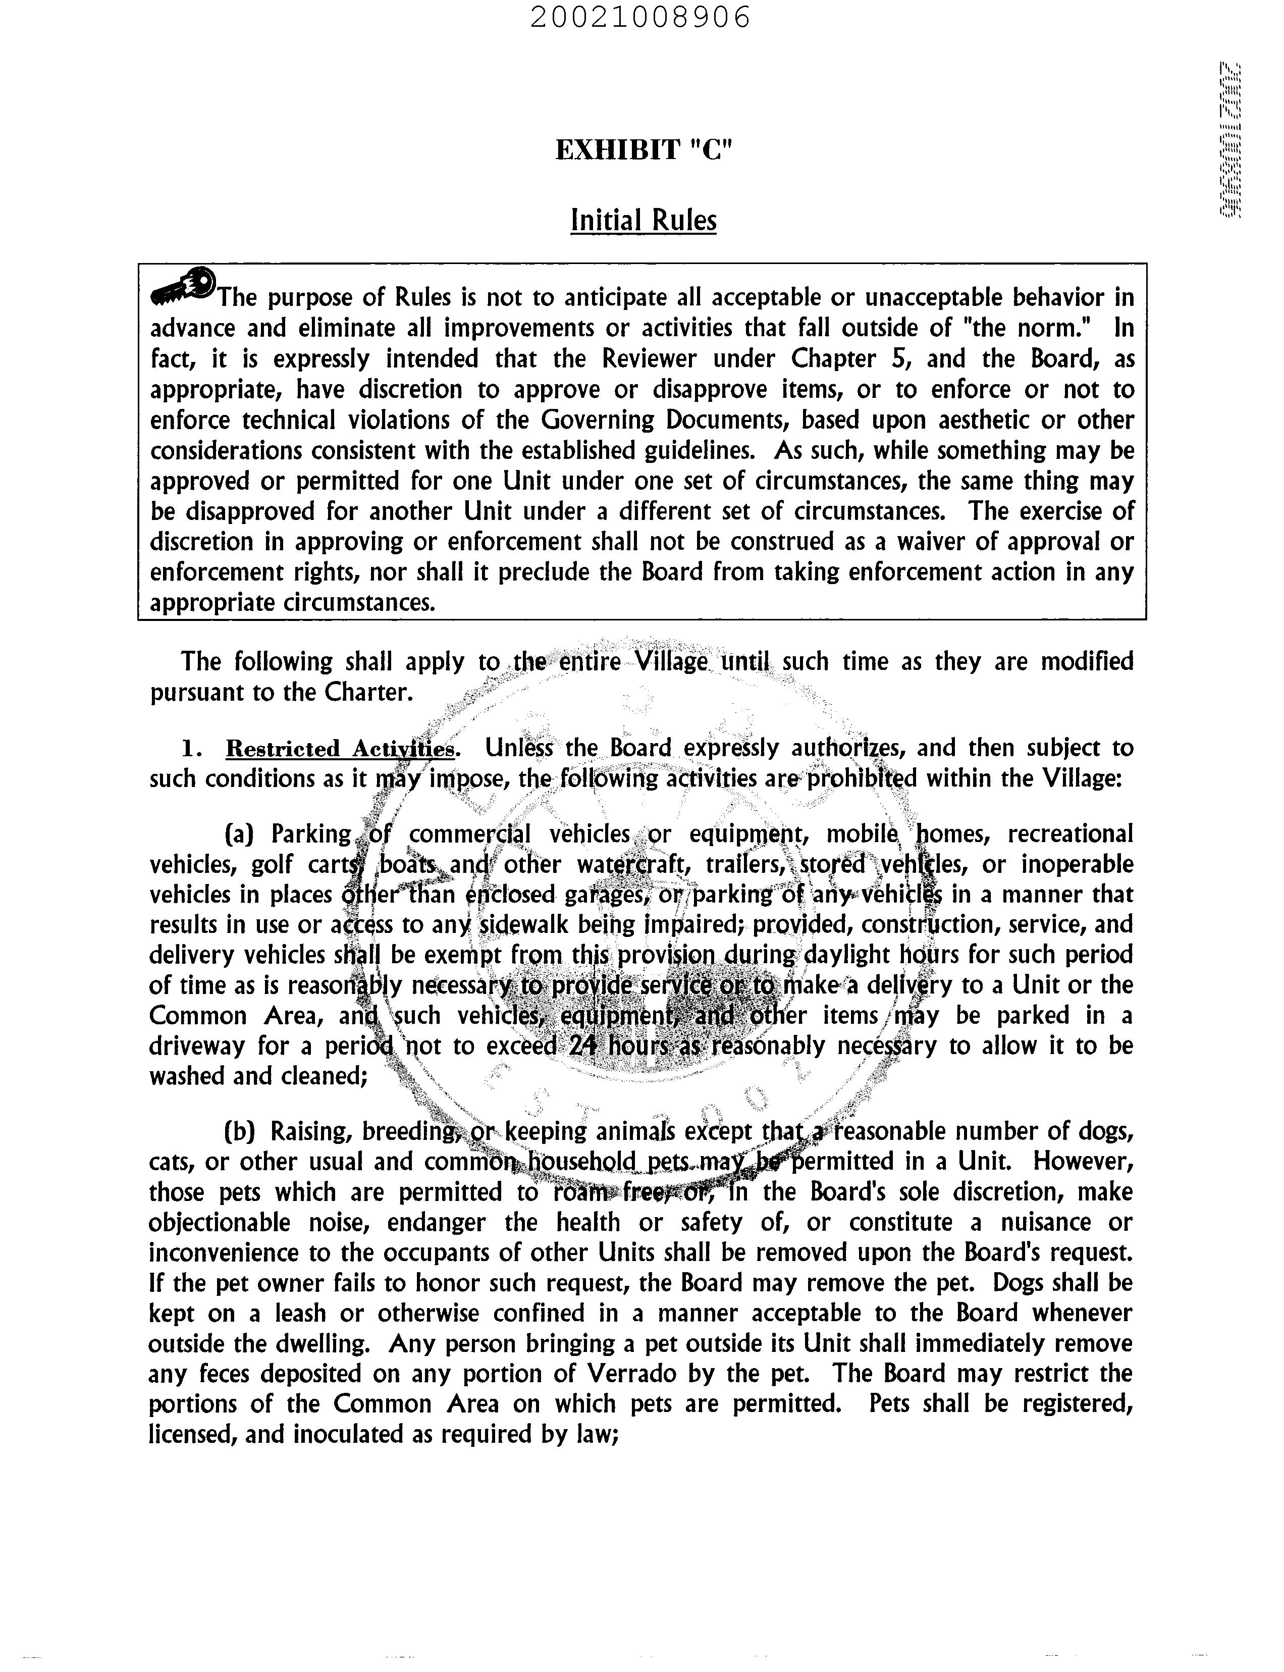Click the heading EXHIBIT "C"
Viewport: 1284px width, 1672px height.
tap(644, 150)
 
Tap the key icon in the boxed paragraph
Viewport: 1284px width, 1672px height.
tap(183, 284)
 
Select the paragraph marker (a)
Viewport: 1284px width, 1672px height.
tap(238, 834)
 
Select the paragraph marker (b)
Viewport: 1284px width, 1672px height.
tap(238, 1131)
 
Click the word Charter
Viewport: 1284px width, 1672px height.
tap(368, 693)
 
